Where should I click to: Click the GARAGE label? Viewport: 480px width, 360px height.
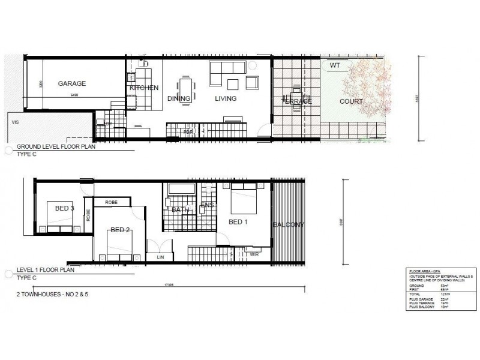tap(72, 83)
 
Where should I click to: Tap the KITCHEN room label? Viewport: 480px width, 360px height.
tap(144, 88)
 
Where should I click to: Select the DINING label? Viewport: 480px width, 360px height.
tap(179, 98)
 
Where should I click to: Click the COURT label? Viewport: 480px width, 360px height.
tap(351, 101)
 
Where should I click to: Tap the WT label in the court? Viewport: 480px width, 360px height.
tap(334, 65)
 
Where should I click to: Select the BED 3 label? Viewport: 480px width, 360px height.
tap(64, 208)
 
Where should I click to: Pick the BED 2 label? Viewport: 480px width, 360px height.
tap(121, 230)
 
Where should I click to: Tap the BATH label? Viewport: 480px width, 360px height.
tap(181, 209)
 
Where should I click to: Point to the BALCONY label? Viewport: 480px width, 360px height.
tap(289, 225)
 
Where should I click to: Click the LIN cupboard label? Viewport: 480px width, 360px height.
tap(160, 257)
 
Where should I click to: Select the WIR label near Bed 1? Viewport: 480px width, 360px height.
tap(254, 254)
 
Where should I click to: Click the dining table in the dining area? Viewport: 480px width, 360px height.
tap(185, 88)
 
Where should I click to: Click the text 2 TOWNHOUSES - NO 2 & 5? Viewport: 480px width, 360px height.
tap(55, 295)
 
